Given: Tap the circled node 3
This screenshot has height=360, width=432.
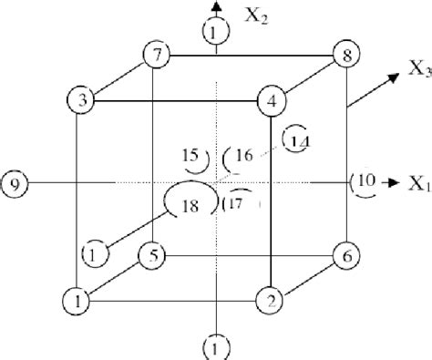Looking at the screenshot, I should tap(83, 100).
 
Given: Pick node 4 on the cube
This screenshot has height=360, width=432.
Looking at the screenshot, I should tap(271, 99).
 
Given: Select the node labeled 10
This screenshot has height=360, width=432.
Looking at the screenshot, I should tap(363, 182).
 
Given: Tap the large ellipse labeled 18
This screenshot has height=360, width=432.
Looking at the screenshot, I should tap(189, 201).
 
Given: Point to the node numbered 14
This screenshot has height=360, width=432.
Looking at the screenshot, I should tap(296, 139).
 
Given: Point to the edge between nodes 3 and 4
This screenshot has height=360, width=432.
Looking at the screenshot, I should tap(177, 100).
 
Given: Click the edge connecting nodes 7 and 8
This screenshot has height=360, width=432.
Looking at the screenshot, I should tap(250, 56).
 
